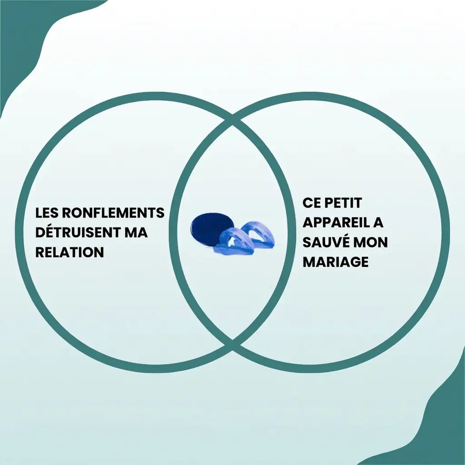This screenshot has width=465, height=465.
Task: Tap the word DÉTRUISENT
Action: pos(76,232)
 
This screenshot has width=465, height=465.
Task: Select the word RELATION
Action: pos(69,252)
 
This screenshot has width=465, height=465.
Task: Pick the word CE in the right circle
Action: pos(312,203)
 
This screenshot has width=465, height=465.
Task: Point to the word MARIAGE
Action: pos(336,262)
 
